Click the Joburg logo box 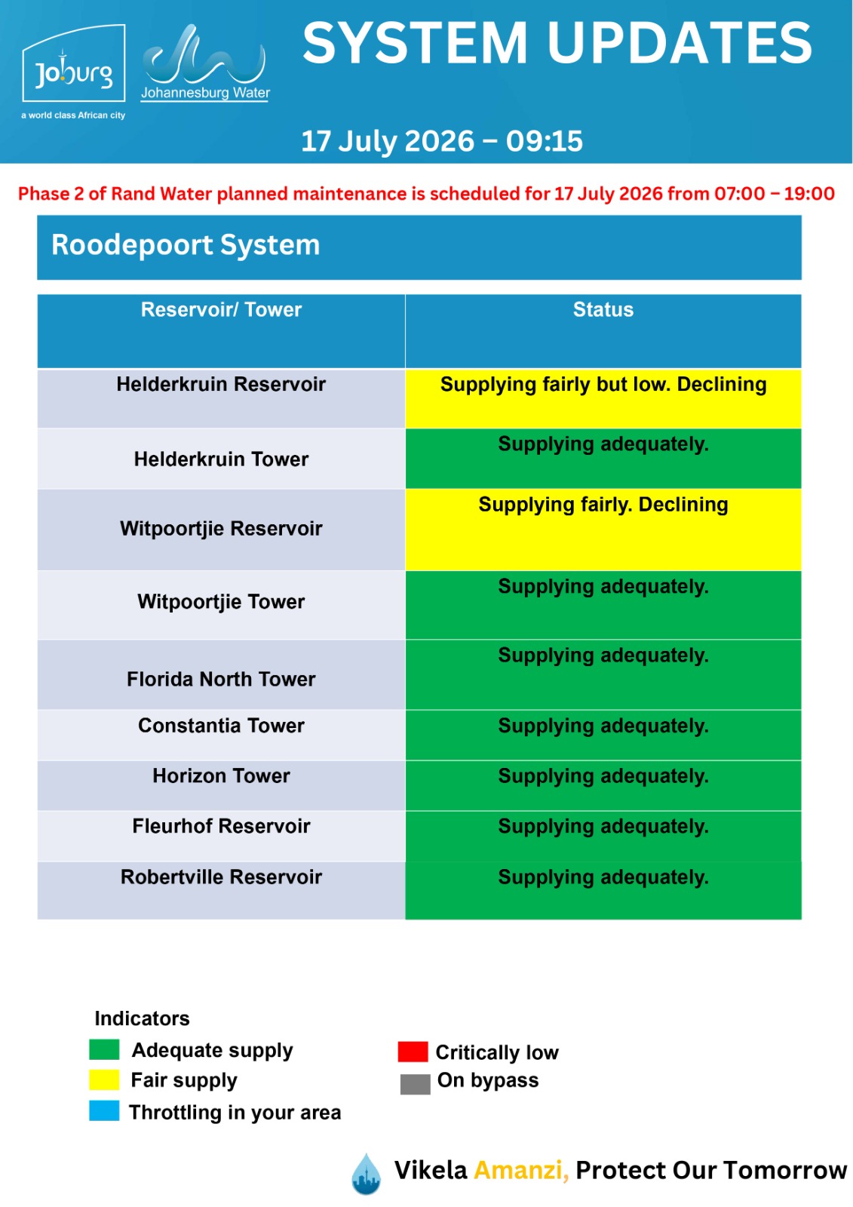(74, 63)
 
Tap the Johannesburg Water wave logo (205, 63)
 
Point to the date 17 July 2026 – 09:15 (442, 141)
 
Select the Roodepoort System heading (186, 245)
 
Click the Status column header (603, 310)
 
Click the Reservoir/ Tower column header (221, 310)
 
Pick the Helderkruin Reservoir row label (221, 384)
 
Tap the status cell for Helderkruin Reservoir (603, 399)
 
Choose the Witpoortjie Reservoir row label (221, 529)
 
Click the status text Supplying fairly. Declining (603, 505)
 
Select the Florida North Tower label (221, 680)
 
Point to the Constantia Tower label (221, 726)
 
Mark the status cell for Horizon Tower (603, 785)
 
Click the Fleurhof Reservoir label (221, 826)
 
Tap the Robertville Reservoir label (221, 877)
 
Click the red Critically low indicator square (413, 1052)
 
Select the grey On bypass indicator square (415, 1083)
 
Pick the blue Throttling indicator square (104, 1110)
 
